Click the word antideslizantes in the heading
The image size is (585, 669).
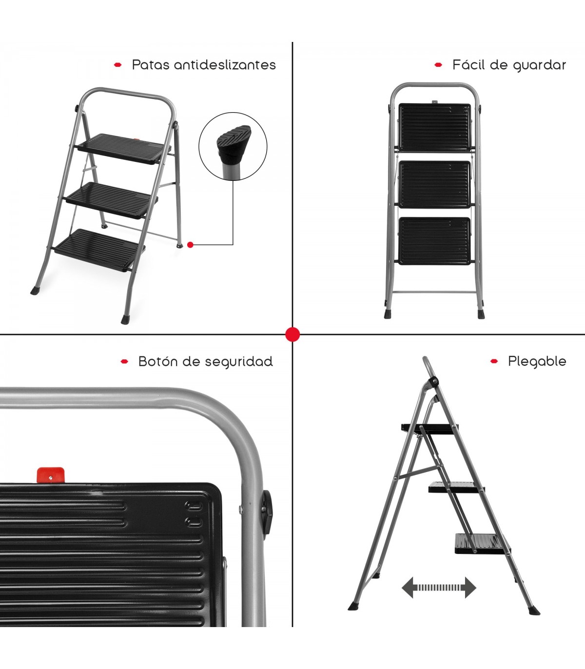(x=225, y=65)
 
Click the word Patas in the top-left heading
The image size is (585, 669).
(x=151, y=65)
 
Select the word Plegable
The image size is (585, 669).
(x=537, y=362)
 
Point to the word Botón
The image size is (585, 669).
(x=158, y=361)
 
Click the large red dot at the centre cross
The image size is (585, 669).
(x=292, y=334)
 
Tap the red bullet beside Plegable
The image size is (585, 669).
(x=494, y=361)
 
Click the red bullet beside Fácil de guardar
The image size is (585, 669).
(x=438, y=65)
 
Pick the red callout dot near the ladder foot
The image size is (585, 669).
(x=190, y=245)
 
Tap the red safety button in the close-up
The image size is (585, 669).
(x=51, y=475)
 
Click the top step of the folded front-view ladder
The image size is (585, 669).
(x=435, y=128)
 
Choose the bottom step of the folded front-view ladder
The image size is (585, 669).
(x=435, y=241)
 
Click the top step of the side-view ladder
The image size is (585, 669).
(x=430, y=429)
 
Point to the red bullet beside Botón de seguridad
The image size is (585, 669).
(x=124, y=361)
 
